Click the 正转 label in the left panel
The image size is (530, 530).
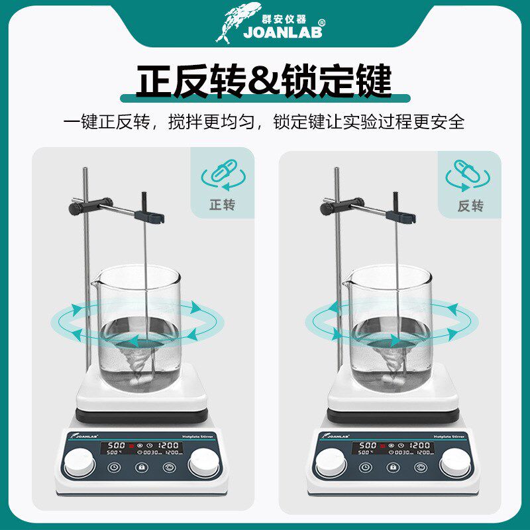(223, 205)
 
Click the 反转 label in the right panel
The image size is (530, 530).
(470, 205)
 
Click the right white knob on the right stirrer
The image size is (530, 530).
(456, 462)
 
